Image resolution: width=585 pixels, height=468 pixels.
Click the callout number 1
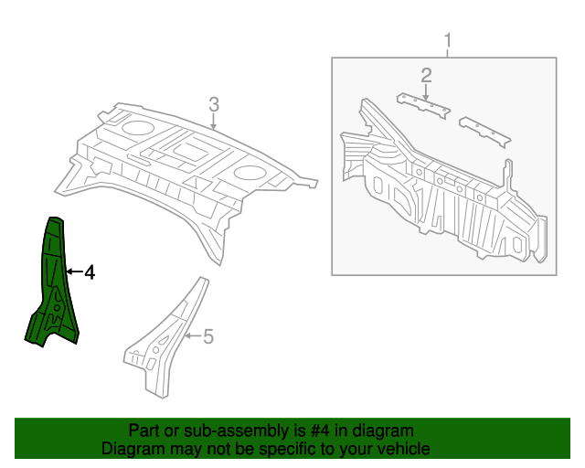coord(448,40)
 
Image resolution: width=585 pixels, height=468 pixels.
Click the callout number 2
coord(426,74)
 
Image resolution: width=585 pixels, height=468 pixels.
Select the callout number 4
coord(89,272)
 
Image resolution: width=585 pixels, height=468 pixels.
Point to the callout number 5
coord(207,337)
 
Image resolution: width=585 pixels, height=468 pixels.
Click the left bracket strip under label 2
coord(422,104)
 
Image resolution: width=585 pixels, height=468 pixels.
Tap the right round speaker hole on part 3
coord(249,172)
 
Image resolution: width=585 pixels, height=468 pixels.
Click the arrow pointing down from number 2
coord(426,90)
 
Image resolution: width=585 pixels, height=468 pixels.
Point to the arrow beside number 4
coord(73,272)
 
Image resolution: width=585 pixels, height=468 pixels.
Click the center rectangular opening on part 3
coord(194,146)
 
